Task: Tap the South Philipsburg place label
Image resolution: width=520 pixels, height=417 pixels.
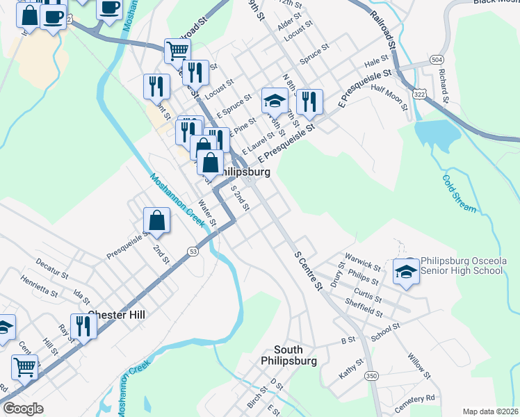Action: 289,355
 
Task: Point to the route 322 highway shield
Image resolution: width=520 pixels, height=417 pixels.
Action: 419,93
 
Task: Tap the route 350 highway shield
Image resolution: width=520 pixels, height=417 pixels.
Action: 371,376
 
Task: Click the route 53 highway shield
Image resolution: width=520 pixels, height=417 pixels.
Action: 193,250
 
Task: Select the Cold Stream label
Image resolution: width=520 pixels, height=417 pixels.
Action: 459,193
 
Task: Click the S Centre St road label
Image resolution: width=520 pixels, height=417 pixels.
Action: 309,270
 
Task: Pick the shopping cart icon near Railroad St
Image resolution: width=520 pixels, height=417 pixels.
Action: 177,50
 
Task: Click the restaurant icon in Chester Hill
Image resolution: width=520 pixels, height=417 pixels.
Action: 83,325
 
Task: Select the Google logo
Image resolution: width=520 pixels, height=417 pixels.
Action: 24,409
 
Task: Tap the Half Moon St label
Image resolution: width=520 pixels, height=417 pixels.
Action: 388,97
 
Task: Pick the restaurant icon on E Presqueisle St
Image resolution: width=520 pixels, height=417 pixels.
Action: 309,101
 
